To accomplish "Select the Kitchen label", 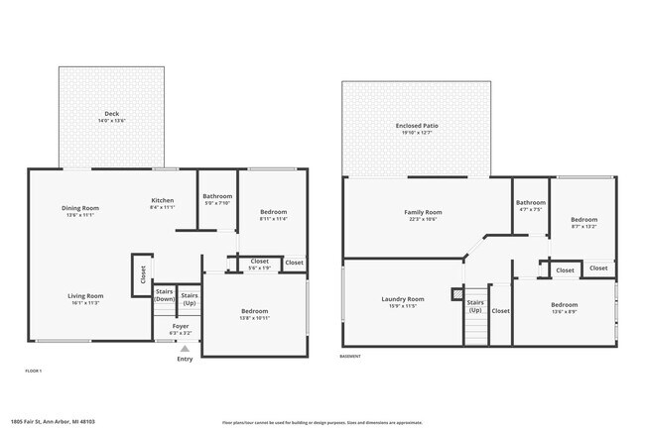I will (162, 199).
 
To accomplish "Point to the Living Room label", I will (85, 295).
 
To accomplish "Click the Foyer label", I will (181, 325).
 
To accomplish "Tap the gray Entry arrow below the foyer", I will (184, 348).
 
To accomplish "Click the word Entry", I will (185, 359).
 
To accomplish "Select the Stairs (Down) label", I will (165, 294).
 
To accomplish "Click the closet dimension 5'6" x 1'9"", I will (259, 268).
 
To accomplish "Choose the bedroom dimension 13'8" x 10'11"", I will (254, 318).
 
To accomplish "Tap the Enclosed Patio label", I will (417, 126).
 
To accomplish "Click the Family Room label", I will (423, 211).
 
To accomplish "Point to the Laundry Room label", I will (403, 298).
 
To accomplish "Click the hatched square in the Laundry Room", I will (456, 293).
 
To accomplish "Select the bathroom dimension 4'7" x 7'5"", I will (530, 209).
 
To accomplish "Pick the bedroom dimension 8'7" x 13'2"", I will (583, 226).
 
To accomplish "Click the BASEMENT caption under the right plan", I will (350, 357).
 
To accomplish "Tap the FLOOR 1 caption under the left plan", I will (34, 370).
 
